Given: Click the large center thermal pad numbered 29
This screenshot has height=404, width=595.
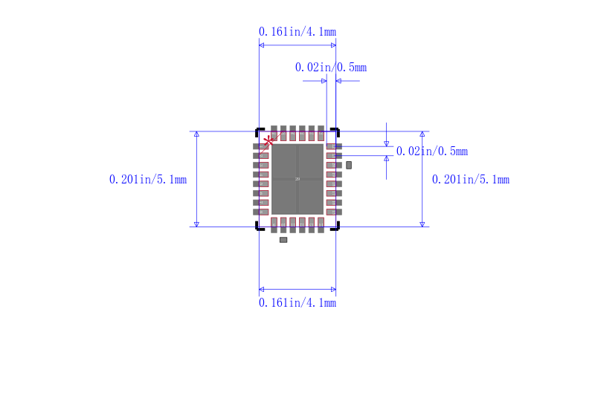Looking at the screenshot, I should [297, 179].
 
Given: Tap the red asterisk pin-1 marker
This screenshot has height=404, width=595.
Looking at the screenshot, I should [268, 140].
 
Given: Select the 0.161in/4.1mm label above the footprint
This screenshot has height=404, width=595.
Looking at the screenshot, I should [297, 31].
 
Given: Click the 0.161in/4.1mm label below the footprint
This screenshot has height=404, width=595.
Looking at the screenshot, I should [297, 303].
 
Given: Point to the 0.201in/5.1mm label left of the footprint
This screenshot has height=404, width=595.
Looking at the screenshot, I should [147, 180].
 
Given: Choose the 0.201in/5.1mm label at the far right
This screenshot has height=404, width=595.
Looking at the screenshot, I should [470, 180].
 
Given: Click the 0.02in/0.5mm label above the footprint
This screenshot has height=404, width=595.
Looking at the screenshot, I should [330, 68].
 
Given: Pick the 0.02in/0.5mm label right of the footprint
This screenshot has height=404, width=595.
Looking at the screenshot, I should [431, 151].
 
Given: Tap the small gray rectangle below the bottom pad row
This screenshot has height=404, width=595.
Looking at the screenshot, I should [283, 240].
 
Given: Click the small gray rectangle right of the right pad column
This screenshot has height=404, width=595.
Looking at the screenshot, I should [349, 165].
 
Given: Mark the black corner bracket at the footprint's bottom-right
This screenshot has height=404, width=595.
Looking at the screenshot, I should [336, 227].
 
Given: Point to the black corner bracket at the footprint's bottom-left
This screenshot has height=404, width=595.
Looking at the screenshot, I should [259, 227].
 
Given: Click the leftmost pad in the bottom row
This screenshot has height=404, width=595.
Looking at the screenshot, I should [274, 224].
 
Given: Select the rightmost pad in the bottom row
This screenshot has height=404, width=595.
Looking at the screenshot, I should [321, 224].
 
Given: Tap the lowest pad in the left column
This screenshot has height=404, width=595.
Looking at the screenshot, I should [260, 212].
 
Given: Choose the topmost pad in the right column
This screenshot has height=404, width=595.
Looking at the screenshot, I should [334, 146].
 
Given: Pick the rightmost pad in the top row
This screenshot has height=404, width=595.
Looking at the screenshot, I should [321, 133].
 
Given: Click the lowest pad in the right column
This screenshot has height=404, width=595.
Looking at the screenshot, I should [334, 212].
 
